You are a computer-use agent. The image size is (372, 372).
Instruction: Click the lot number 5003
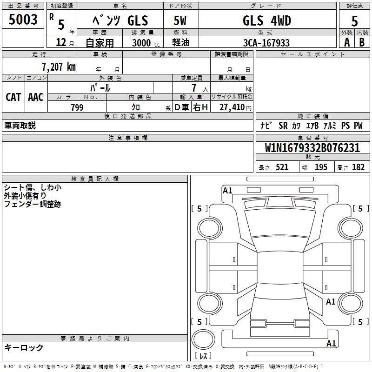23,20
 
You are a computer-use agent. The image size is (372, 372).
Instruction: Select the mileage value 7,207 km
59,67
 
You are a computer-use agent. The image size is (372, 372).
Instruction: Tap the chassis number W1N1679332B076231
312,148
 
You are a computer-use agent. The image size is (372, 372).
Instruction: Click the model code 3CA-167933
266,43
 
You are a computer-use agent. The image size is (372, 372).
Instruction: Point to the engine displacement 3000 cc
146,43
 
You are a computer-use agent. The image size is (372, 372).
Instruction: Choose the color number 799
77,107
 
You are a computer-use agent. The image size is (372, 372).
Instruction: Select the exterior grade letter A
347,42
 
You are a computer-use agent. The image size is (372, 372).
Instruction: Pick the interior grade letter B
362,42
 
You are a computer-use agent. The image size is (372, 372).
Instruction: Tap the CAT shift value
13,97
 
